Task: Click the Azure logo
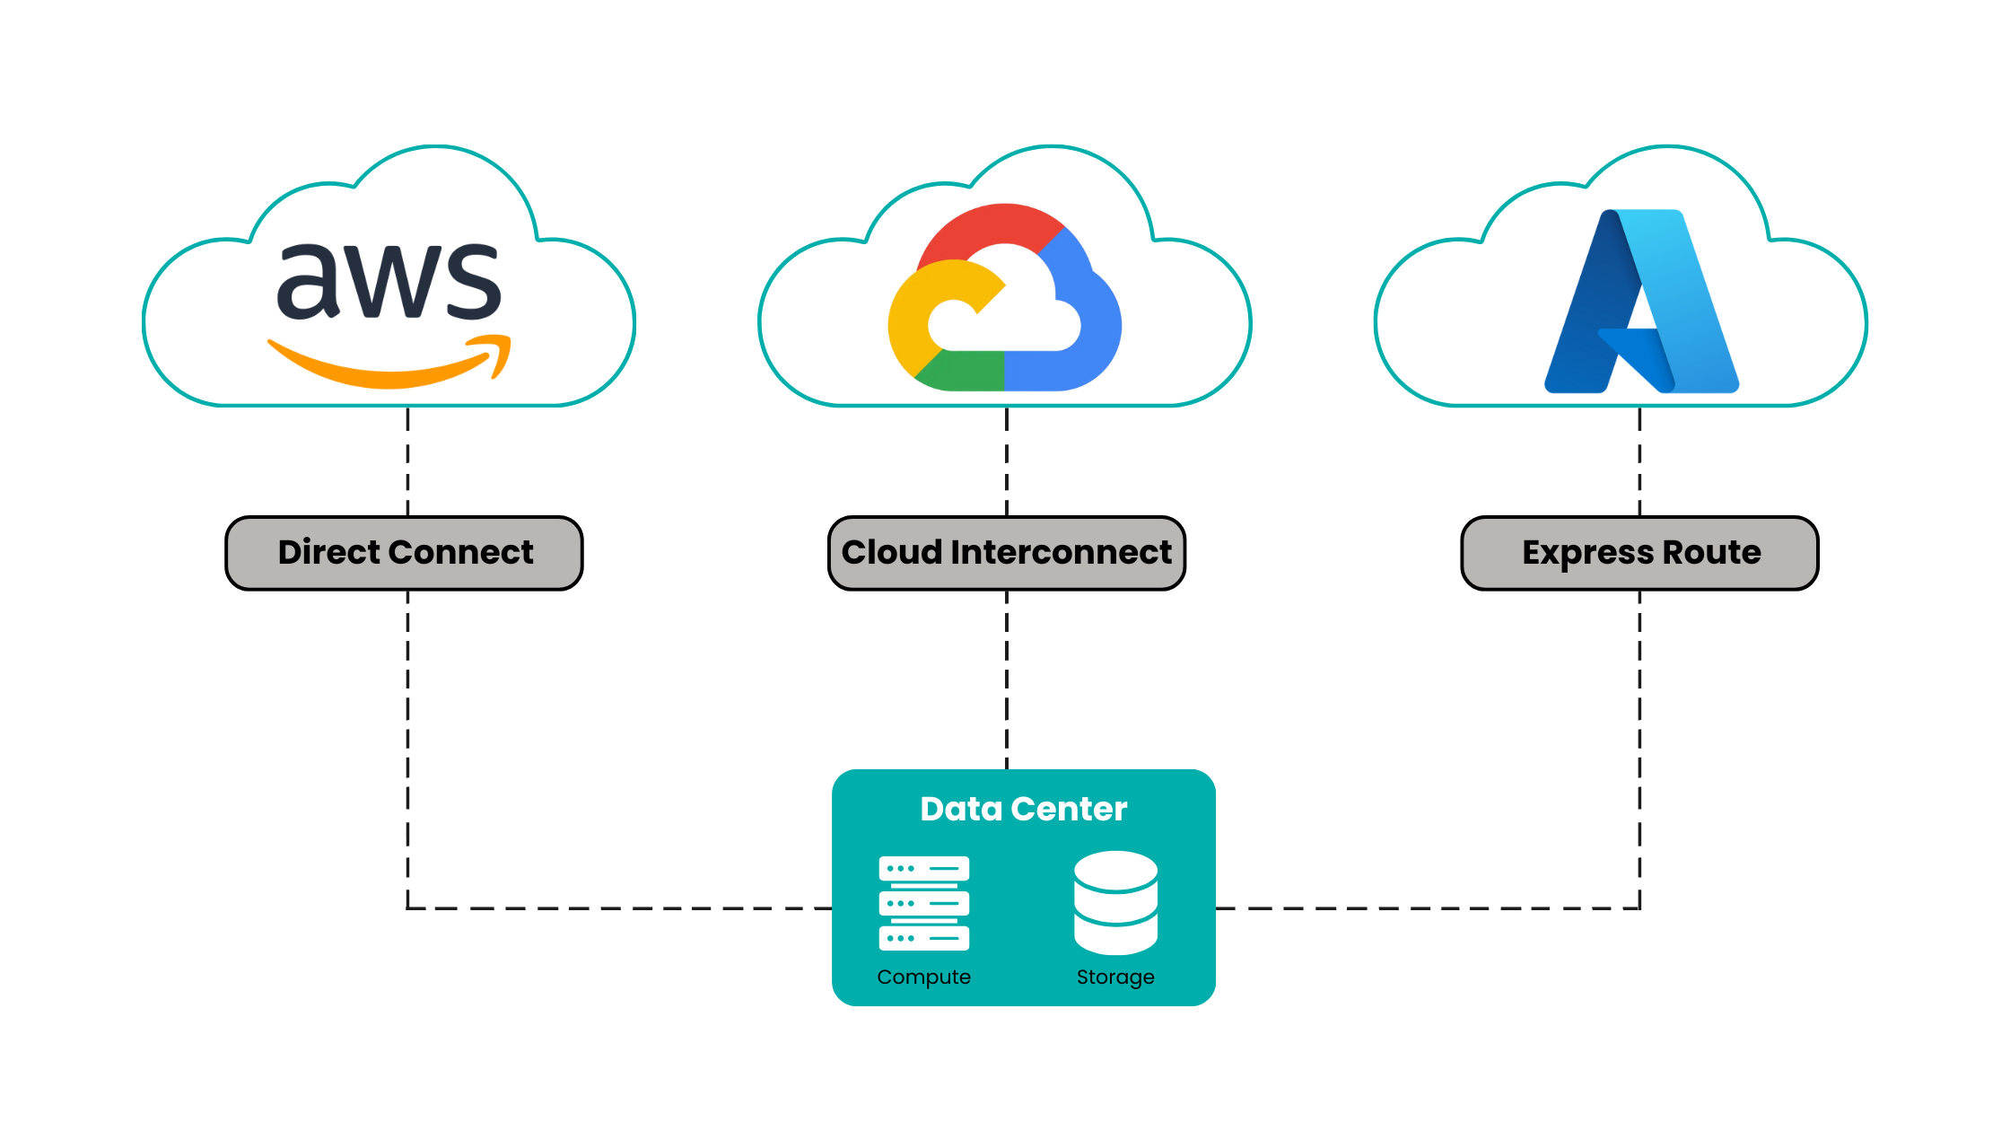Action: pyautogui.click(x=1641, y=302)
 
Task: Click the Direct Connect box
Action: pyautogui.click(x=404, y=553)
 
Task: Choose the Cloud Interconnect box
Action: pyautogui.click(x=1006, y=553)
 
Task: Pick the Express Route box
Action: pyautogui.click(x=1639, y=553)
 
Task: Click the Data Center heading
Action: pyautogui.click(x=1023, y=809)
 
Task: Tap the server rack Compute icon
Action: pyautogui.click(x=923, y=903)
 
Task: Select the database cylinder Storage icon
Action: pyautogui.click(x=1115, y=903)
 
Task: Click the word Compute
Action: pyautogui.click(x=923, y=977)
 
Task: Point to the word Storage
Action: pyautogui.click(x=1115, y=977)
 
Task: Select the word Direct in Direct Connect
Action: pyautogui.click(x=329, y=552)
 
